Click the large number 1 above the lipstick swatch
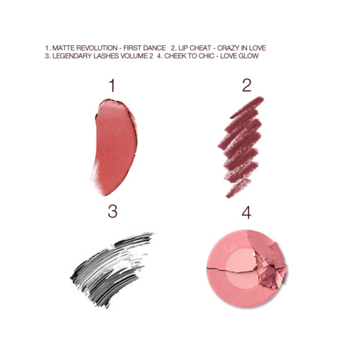[x=110, y=86]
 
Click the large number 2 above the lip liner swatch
[x=246, y=86]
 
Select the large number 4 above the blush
[x=246, y=212]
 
